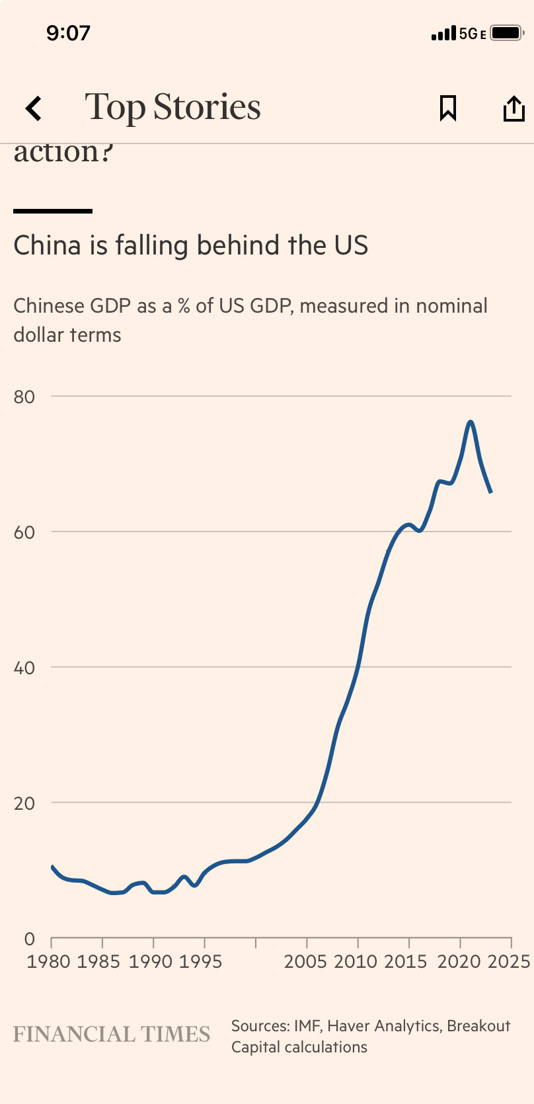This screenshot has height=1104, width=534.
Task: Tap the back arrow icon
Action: [x=34, y=108]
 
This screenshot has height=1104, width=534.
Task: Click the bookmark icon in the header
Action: [x=448, y=108]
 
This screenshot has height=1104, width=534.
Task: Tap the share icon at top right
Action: [x=514, y=108]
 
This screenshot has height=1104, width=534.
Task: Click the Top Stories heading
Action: [x=172, y=107]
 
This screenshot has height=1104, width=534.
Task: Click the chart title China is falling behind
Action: [x=190, y=245]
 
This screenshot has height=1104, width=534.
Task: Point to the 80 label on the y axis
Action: [x=24, y=397]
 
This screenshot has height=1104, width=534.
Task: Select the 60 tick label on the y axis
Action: [x=24, y=532]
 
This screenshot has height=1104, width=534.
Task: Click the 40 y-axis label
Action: [x=24, y=668]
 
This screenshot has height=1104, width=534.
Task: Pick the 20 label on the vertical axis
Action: [x=24, y=803]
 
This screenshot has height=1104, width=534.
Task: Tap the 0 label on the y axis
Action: [x=29, y=939]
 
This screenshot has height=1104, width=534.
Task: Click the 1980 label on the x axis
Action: [x=48, y=961]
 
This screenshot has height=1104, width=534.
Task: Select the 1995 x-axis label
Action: [x=200, y=961]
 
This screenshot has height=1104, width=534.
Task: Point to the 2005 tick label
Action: [x=305, y=961]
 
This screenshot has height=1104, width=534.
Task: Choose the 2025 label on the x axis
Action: [x=509, y=961]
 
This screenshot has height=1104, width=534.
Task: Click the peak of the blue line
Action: [x=470, y=422]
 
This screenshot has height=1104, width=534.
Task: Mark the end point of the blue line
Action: [x=490, y=492]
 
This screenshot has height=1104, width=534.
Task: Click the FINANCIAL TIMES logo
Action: [x=112, y=1034]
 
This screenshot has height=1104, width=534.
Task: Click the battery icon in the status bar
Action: [x=506, y=33]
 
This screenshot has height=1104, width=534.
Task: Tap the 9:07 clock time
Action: [x=68, y=33]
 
